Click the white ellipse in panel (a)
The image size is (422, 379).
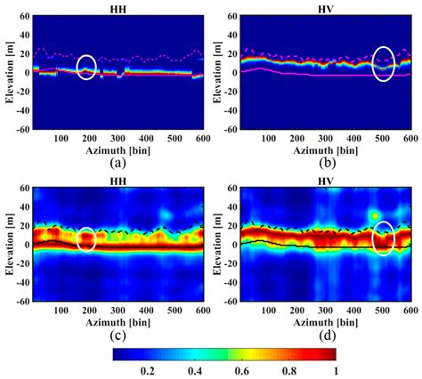(86, 67)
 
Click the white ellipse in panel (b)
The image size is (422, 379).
(383, 64)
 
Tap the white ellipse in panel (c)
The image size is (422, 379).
(86, 239)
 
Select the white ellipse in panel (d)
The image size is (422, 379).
(383, 238)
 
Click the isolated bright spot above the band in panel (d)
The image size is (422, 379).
(376, 216)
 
